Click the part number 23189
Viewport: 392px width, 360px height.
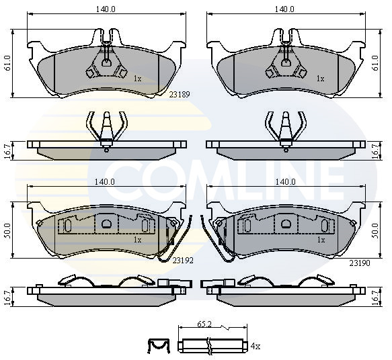(180, 95)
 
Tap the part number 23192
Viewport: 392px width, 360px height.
(184, 261)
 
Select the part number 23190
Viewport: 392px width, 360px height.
(360, 263)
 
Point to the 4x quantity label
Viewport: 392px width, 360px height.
(256, 347)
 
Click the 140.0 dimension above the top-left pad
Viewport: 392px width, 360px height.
(106, 9)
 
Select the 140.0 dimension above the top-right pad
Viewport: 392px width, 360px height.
(284, 9)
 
